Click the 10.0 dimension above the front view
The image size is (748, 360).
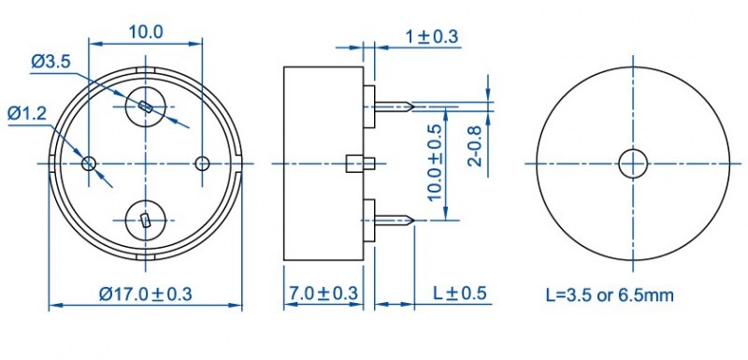[146, 33]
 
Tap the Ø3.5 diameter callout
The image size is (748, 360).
[51, 62]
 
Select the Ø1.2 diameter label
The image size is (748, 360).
[27, 114]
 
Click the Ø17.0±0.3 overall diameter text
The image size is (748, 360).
[146, 294]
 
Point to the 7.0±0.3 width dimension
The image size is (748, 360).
[323, 294]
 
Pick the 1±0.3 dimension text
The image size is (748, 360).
[432, 36]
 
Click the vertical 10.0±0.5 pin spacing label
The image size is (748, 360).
[435, 162]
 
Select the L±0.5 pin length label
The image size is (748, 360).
[459, 294]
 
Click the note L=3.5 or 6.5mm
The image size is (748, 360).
[610, 295]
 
